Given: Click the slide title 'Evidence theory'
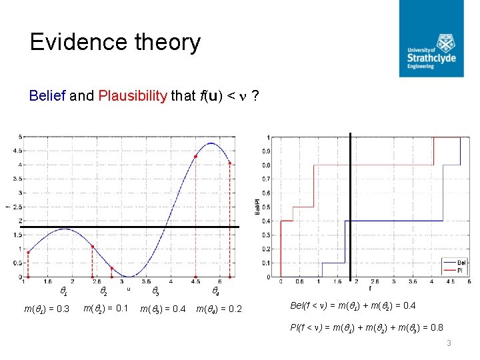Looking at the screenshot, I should pos(115,43).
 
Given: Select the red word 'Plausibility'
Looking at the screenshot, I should pos(132,96).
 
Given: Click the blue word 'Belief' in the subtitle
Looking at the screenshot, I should pos(47,96).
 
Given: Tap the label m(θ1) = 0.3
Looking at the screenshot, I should pos(47,308).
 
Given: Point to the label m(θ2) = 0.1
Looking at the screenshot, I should pos(105,308).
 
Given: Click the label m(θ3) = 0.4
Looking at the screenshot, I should pos(163,309).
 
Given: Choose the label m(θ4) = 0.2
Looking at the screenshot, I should pos(219,309).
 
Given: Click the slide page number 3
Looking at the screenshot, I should pos(449,343).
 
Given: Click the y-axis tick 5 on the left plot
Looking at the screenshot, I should pos(21,137).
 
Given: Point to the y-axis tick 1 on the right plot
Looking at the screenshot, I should pos(268,138).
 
